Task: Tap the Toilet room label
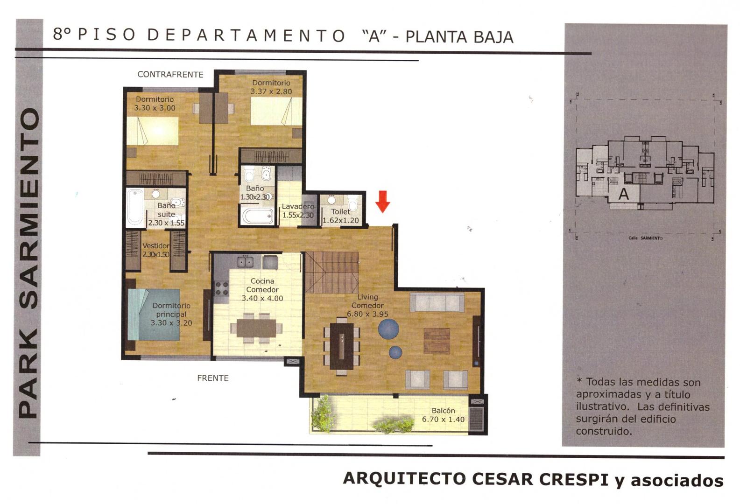341,212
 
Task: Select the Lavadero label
298,206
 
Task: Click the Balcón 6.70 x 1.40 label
444,415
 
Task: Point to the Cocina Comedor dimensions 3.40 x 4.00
262,298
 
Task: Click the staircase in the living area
331,273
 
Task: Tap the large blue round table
388,329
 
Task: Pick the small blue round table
395,352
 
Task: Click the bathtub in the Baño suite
135,207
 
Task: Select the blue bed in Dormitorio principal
154,315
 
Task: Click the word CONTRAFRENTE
170,75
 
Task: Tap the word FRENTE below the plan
213,378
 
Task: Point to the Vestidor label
155,246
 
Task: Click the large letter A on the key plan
624,194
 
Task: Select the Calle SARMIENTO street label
645,238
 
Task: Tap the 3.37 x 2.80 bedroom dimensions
271,91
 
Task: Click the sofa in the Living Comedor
437,302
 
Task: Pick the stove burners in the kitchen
222,288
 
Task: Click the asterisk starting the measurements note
579,380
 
